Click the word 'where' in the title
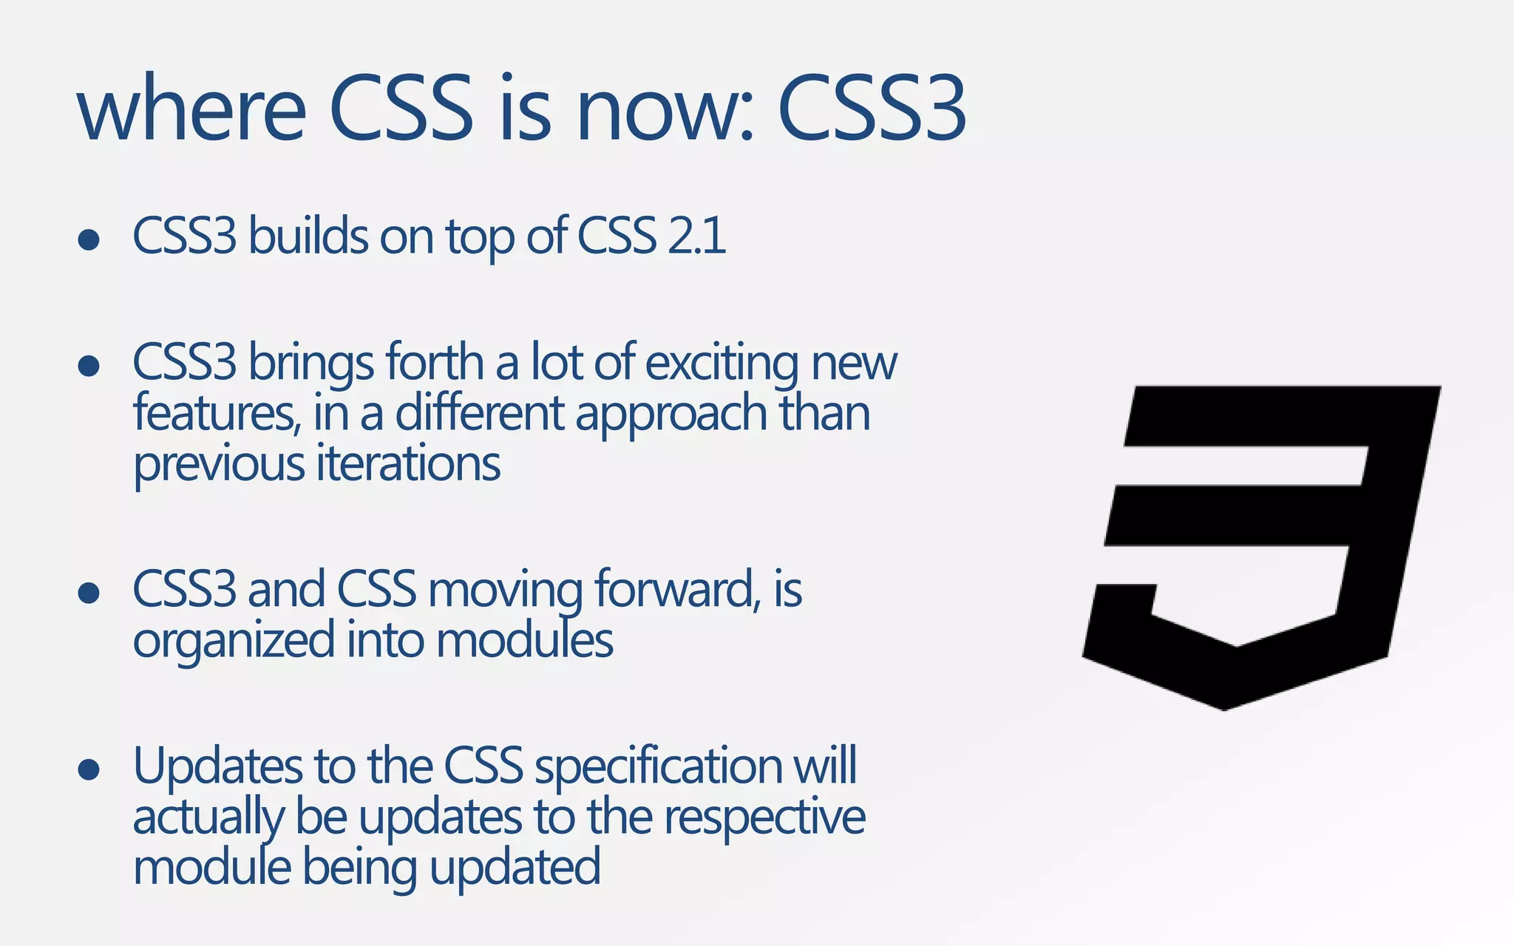[x=191, y=109]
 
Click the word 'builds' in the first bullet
[x=308, y=236]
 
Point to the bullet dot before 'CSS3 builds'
[x=89, y=240]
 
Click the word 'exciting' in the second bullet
[x=722, y=363]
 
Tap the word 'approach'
[x=671, y=414]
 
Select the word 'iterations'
[x=408, y=464]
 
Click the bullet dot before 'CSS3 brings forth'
[x=89, y=366]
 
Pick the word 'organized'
[x=234, y=640]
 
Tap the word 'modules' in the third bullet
[x=524, y=640]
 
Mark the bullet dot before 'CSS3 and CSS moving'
[x=89, y=593]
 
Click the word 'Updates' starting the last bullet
[x=218, y=766]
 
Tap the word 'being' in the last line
[x=360, y=868]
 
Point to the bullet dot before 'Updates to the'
[x=89, y=769]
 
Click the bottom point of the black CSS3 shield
[x=1224, y=708]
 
